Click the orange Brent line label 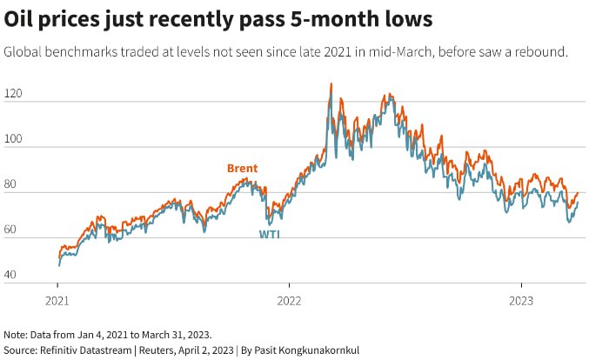242,168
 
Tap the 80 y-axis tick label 12,184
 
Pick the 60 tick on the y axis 12,230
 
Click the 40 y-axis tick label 12,275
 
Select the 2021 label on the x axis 58,300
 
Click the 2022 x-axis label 290,300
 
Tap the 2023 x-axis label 520,300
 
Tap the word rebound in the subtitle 542,51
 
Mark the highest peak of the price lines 331,84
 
